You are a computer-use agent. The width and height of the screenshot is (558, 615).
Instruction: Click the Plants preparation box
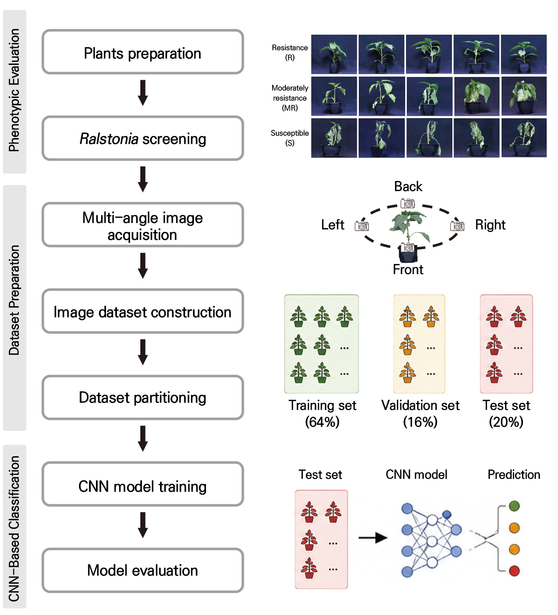143,52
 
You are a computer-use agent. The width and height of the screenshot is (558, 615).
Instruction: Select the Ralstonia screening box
143,138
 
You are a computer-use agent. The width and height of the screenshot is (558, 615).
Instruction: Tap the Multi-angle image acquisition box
143,225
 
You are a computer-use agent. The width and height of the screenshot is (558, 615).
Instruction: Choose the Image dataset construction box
143,311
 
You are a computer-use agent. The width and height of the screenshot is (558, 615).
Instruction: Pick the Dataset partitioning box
143,398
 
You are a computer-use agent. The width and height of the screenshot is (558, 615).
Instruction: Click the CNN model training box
143,484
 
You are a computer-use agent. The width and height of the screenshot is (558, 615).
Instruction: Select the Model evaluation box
143,571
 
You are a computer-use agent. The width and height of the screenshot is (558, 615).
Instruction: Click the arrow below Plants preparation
143,93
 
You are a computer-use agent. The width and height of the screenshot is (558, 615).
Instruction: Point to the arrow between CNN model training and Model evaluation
143,525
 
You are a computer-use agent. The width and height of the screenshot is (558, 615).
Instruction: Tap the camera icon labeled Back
408,203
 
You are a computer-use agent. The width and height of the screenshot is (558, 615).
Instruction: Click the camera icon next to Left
362,226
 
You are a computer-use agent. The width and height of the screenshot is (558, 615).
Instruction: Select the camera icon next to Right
457,226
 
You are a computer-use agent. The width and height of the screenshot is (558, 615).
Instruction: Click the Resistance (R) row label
289,52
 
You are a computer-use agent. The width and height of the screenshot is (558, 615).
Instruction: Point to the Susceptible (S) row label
289,138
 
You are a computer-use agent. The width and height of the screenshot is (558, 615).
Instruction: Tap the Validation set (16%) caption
420,413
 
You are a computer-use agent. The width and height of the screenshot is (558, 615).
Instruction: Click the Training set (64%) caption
323,413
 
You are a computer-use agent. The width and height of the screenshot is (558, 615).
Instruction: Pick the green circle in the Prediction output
514,506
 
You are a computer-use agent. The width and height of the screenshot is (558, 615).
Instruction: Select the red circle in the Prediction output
514,571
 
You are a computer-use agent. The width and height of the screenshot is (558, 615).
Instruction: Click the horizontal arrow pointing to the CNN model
373,538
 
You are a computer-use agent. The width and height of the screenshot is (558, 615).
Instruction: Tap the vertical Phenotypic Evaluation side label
14,90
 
